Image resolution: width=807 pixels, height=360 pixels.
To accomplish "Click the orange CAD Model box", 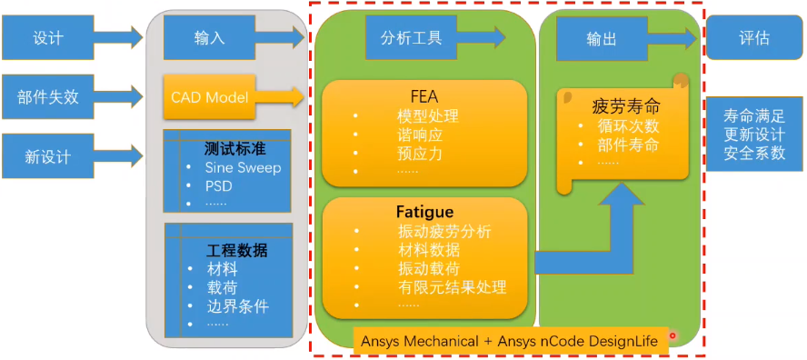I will tap(209, 97).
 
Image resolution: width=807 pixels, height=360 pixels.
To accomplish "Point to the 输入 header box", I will tap(209, 38).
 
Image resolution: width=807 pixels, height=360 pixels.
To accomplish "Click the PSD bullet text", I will tap(218, 186).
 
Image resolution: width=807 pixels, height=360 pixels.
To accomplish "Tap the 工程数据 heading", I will tap(237, 250).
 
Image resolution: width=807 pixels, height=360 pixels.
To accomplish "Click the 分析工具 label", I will tap(411, 37).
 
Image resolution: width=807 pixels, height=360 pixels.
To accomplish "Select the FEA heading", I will tap(424, 97).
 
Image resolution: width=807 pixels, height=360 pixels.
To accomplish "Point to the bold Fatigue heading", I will tap(424, 211).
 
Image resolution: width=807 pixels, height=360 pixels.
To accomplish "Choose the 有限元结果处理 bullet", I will tap(451, 287).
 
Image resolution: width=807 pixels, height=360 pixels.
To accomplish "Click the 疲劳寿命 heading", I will tap(626, 105).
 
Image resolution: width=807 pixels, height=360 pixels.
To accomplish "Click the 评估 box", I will tap(754, 38).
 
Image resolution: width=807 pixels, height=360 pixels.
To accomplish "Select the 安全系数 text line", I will tap(754, 153).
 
